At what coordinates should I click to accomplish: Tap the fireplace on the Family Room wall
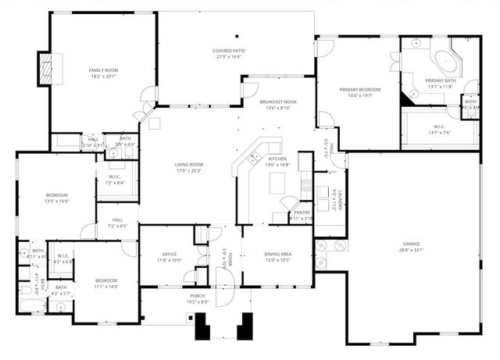point(45,69)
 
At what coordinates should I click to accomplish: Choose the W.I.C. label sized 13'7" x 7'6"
point(439,132)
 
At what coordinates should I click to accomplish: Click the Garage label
point(412,244)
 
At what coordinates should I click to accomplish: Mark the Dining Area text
point(277,254)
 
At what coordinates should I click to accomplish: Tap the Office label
point(170,254)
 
